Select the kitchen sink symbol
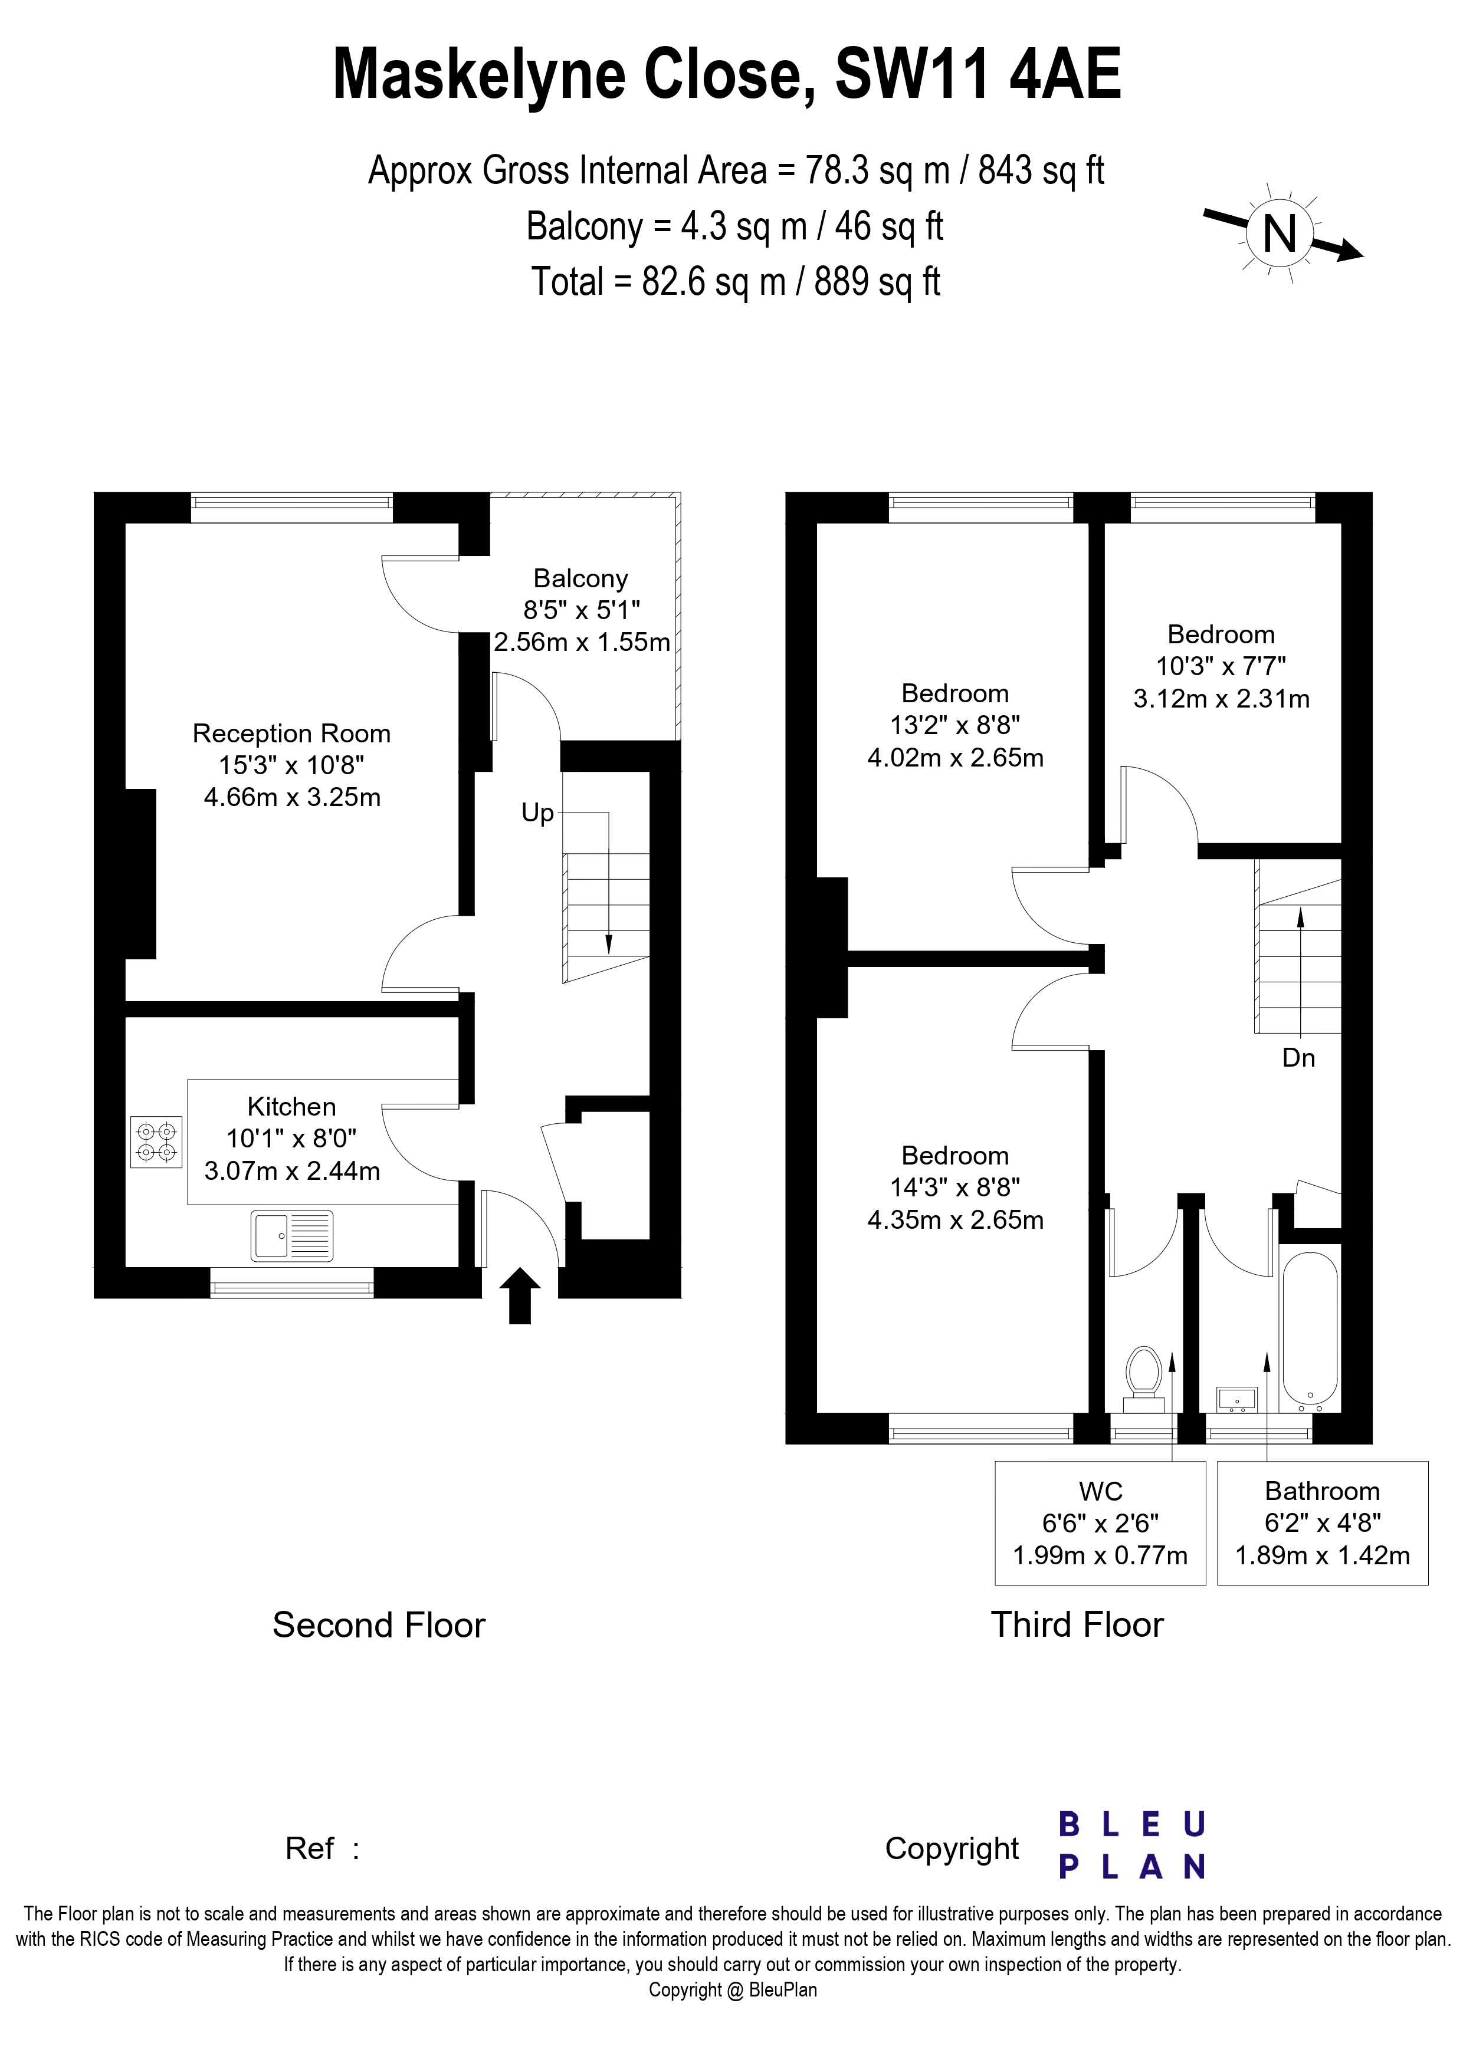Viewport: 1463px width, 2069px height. tap(292, 1235)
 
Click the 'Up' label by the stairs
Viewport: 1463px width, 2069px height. tap(537, 813)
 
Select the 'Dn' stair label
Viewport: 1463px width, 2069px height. tap(1298, 1058)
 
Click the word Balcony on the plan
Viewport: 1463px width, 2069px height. tap(580, 578)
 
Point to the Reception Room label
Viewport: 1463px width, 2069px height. tap(291, 733)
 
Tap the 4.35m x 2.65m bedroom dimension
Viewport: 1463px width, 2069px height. tap(956, 1220)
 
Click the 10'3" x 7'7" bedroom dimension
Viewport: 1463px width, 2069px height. tap(1221, 666)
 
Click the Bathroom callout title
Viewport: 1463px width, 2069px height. tap(1323, 1491)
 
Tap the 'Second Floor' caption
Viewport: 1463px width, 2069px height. tap(379, 1625)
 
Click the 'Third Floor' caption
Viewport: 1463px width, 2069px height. tap(1077, 1625)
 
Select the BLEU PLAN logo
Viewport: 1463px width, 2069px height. tap(1131, 1844)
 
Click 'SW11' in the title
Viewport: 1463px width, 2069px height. tap(912, 74)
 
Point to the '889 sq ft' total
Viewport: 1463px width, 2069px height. tap(877, 282)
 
